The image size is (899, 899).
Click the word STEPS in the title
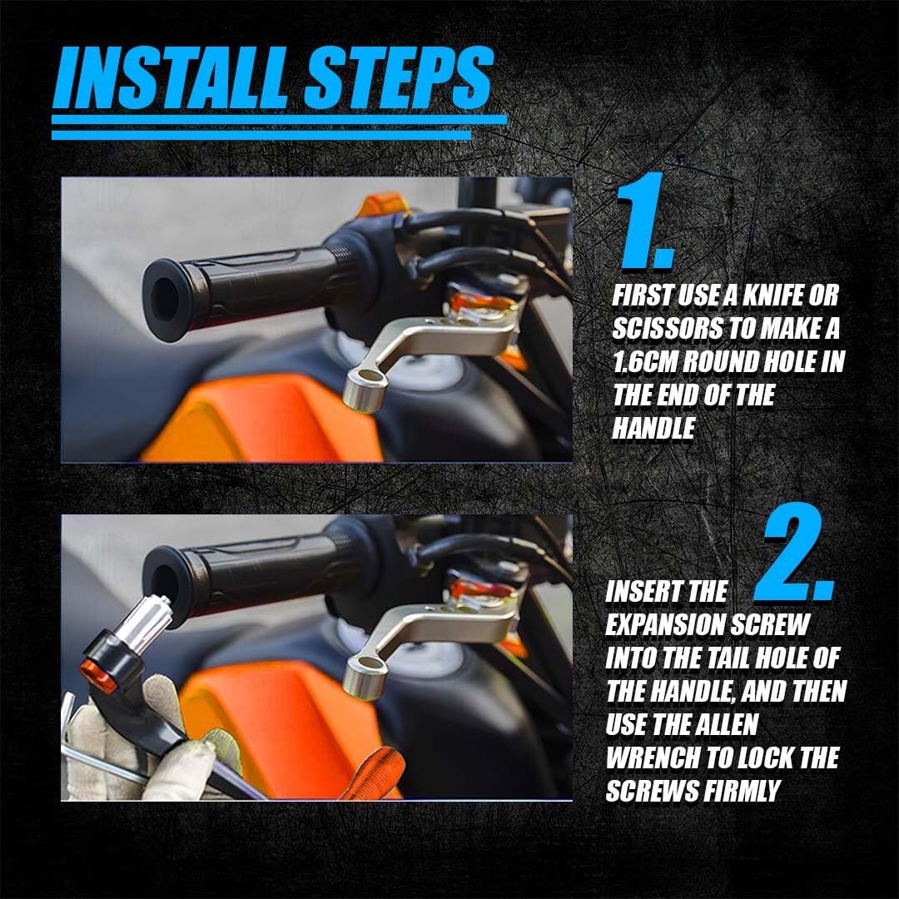pyautogui.click(x=398, y=78)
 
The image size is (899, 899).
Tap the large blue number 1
pyautogui.click(x=644, y=221)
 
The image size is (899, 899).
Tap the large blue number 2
pyautogui.click(x=795, y=553)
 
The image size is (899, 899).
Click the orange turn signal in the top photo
pyautogui.click(x=383, y=205)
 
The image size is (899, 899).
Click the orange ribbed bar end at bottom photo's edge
pyautogui.click(x=373, y=772)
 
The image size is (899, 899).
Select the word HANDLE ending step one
pyautogui.click(x=653, y=429)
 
